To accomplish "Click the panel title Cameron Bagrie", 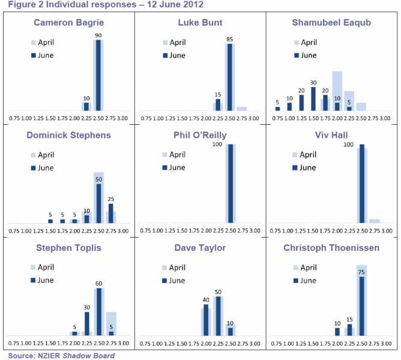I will pyautogui.click(x=68, y=23).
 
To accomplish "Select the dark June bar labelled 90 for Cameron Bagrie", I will pyautogui.click(x=98, y=75).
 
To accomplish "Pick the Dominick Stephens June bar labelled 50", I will pyautogui.click(x=98, y=203).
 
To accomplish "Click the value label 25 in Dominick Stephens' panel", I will pyautogui.click(x=110, y=199).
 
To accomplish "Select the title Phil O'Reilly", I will pyautogui.click(x=199, y=135).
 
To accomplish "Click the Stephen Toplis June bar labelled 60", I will pyautogui.click(x=98, y=311).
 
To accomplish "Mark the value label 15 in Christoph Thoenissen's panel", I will pyautogui.click(x=349, y=320).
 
